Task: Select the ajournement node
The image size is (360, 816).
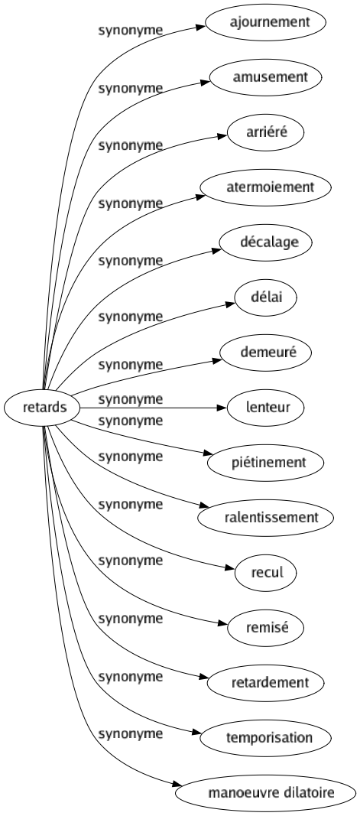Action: tap(270, 22)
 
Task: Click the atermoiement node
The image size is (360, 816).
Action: tap(270, 187)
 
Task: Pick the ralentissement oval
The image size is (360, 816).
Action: tap(270, 517)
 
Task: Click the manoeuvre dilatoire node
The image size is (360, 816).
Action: tap(270, 792)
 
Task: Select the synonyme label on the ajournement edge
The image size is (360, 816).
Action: tap(131, 31)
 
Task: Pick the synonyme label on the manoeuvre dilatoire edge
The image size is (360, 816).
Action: tap(131, 734)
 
